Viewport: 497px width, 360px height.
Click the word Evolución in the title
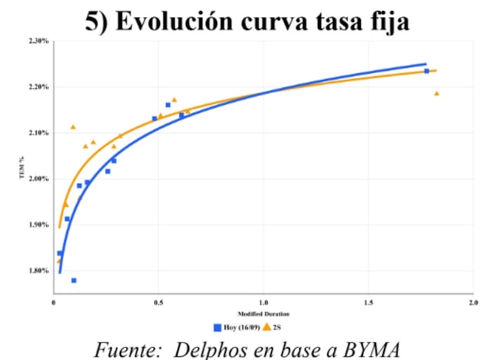click(174, 21)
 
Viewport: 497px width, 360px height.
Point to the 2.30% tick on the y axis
click(39, 41)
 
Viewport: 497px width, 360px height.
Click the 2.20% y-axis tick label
click(39, 87)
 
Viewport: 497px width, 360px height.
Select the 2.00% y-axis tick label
click(39, 179)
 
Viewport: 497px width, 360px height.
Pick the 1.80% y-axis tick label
click(39, 271)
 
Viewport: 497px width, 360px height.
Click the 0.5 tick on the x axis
click(158, 303)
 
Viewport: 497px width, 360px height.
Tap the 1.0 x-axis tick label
click(263, 303)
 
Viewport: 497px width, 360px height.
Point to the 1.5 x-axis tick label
click(368, 303)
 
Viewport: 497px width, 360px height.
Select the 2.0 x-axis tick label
click(473, 303)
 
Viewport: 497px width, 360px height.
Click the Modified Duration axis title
click(263, 314)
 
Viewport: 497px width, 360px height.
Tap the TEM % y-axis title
click(22, 167)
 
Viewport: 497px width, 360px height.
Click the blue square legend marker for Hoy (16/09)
click(217, 328)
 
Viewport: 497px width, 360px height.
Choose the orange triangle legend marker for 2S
click(267, 327)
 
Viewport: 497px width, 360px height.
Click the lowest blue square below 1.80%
click(74, 280)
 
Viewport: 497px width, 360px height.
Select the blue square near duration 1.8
click(427, 71)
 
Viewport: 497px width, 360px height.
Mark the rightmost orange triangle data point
click(437, 93)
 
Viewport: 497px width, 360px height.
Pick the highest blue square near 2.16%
click(168, 105)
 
